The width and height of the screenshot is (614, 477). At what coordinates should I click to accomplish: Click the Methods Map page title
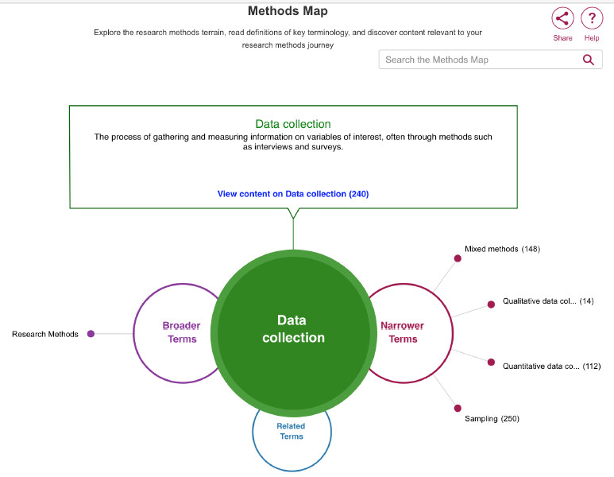click(288, 11)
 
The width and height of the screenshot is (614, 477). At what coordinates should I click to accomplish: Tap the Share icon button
click(562, 18)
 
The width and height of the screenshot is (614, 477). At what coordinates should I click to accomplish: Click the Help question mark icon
click(592, 18)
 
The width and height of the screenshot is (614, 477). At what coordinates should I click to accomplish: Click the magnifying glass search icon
click(588, 60)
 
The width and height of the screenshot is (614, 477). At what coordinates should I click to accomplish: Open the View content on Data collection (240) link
click(293, 194)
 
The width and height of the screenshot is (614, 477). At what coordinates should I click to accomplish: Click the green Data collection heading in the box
click(293, 124)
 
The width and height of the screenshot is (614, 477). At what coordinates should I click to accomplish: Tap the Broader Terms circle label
click(182, 332)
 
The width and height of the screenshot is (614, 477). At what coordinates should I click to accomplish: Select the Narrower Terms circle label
click(403, 332)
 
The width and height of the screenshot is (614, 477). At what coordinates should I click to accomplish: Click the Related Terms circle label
click(291, 431)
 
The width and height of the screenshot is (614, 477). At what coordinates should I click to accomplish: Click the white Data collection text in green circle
click(293, 329)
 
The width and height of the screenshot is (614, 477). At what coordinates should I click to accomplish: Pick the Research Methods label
click(45, 335)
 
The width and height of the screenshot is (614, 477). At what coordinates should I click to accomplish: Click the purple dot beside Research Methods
click(91, 334)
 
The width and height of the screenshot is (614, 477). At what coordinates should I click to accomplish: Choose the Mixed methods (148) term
click(502, 249)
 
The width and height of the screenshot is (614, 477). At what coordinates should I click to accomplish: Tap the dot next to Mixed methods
click(458, 258)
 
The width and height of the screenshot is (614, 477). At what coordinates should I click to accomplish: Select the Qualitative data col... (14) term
click(548, 301)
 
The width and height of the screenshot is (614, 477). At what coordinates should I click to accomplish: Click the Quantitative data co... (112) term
click(552, 366)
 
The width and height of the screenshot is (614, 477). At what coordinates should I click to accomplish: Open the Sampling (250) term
click(492, 419)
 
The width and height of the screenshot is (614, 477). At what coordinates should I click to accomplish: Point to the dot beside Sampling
click(458, 409)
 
